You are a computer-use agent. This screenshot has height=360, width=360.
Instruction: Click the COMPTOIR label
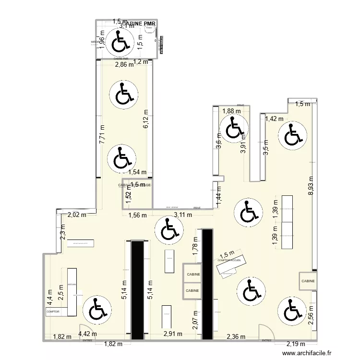(53, 312)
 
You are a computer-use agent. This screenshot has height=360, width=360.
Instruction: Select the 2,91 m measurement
(173, 334)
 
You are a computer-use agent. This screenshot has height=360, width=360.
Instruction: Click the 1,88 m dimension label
(231, 111)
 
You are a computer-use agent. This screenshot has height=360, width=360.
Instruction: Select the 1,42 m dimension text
(275, 119)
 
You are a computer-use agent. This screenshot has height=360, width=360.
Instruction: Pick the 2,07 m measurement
(195, 321)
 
